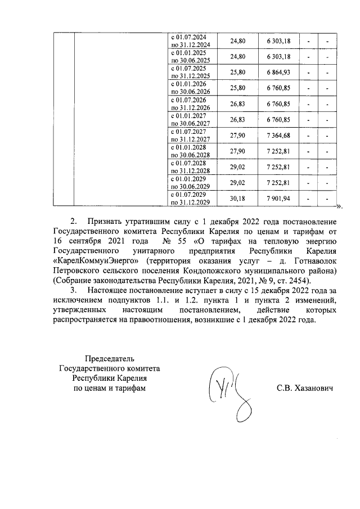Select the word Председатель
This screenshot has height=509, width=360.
click(110, 358)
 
